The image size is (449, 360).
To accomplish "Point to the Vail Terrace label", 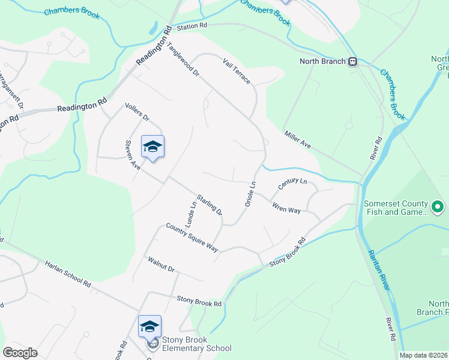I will click(235, 71).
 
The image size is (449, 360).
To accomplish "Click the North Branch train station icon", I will click(353, 61).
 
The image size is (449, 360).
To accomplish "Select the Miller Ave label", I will click(298, 141).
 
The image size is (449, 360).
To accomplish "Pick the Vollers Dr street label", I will click(136, 112).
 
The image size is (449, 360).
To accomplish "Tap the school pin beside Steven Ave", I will click(152, 147).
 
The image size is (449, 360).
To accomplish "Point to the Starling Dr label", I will click(210, 204).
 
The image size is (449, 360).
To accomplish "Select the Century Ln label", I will click(292, 184).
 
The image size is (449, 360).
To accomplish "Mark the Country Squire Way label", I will click(192, 238).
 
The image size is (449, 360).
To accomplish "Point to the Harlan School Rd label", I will click(67, 273).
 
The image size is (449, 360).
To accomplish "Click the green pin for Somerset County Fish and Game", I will click(438, 208).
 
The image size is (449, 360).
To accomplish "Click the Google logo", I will click(20, 353).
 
